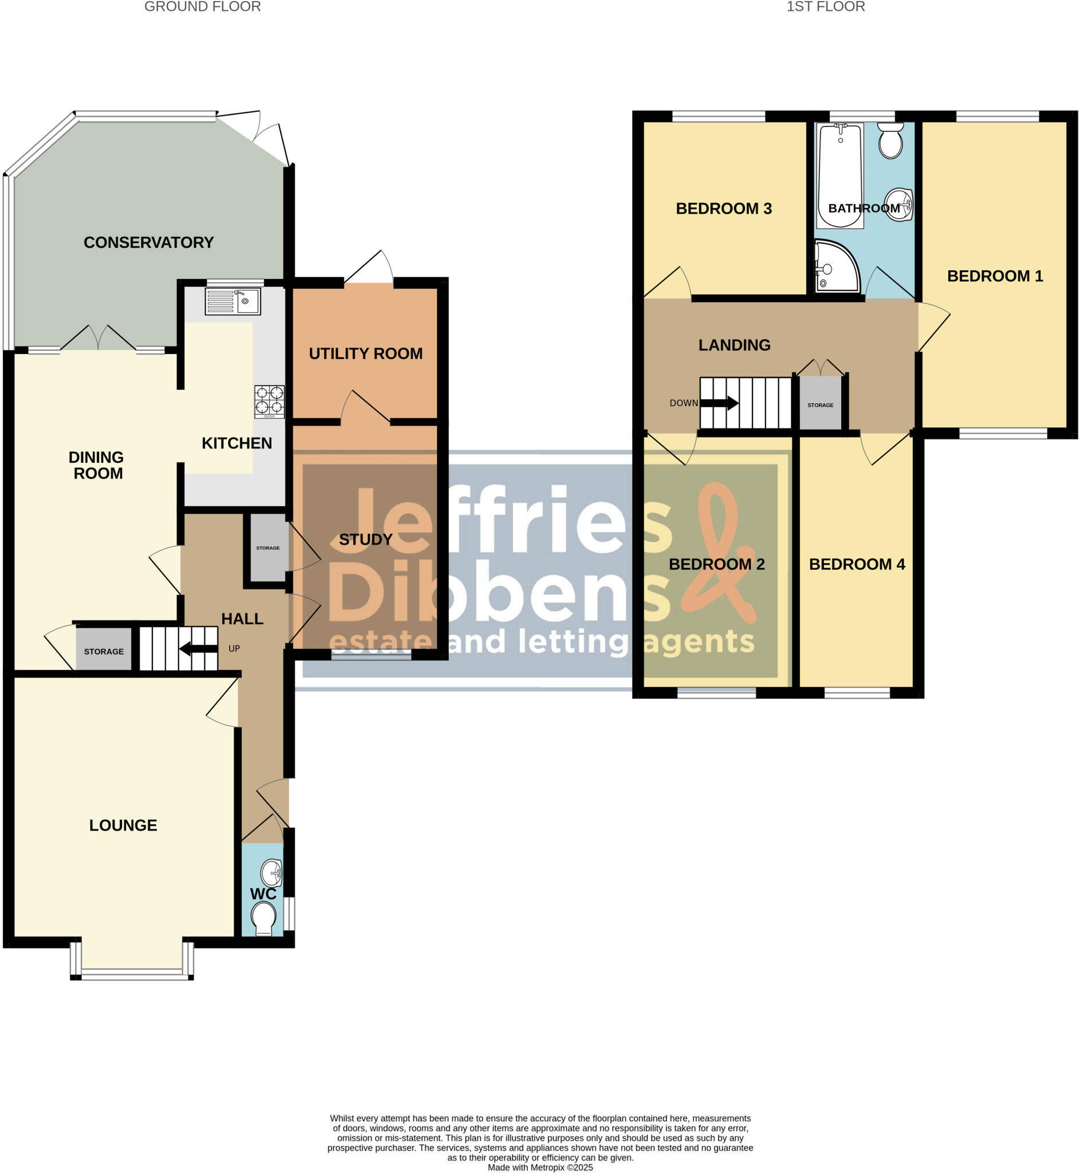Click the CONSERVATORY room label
[x=148, y=242]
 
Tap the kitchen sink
[x=233, y=302]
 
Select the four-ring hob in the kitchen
[x=269, y=401]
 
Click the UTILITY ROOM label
[x=365, y=353]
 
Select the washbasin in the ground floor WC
[x=272, y=872]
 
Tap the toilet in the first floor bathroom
[x=890, y=140]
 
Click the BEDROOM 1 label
[x=995, y=276]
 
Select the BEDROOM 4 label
[x=857, y=564]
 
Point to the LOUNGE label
[x=123, y=825]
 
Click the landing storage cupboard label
[x=820, y=405]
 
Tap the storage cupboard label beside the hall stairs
[x=104, y=652]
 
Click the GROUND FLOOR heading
[x=202, y=7]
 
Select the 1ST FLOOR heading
[x=825, y=7]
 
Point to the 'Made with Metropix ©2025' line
[x=540, y=1168]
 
